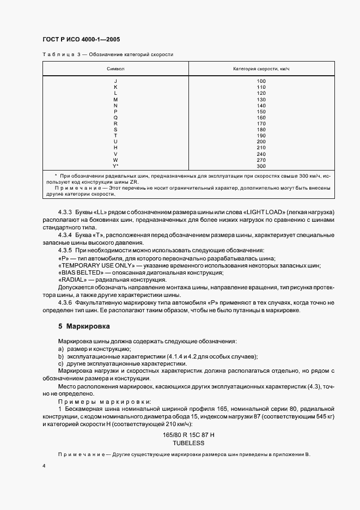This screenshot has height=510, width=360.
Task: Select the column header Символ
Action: click(115, 69)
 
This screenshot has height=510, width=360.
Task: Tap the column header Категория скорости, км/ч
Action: click(261, 69)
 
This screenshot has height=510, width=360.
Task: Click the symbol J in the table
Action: click(115, 81)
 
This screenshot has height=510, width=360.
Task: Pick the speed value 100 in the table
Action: click(261, 81)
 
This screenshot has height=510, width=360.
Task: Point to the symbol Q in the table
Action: click(115, 118)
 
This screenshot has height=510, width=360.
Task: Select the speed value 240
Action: click(261, 154)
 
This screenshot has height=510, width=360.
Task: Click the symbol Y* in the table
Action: click(115, 166)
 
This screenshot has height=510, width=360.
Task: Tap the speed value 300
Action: click(261, 166)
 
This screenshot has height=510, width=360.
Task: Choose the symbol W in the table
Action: click(115, 160)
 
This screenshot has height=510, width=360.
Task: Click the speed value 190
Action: click(261, 136)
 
